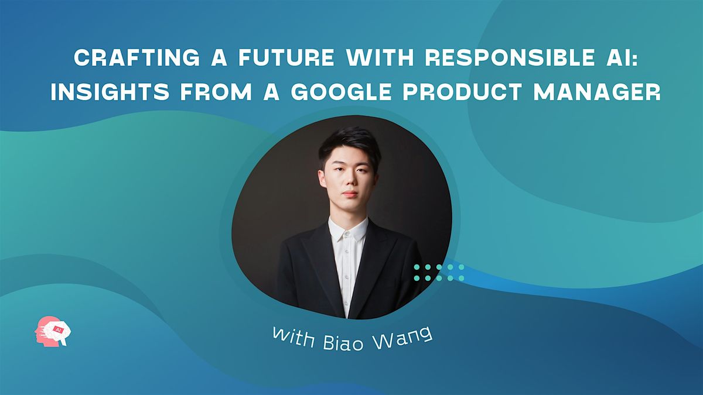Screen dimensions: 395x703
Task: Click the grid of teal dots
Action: click(439, 272)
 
